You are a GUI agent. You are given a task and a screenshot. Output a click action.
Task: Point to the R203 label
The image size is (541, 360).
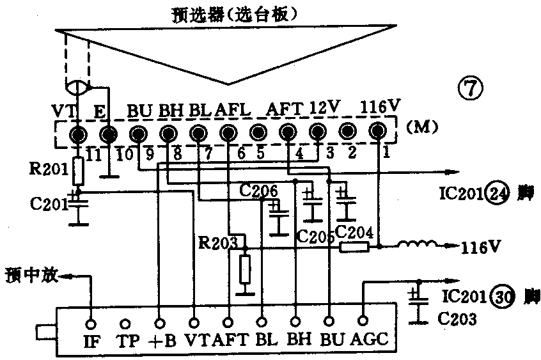click(216, 242)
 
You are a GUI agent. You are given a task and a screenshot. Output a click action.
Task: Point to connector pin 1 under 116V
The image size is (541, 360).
click(379, 132)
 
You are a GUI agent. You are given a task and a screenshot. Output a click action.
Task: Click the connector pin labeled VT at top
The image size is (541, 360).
click(79, 134)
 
